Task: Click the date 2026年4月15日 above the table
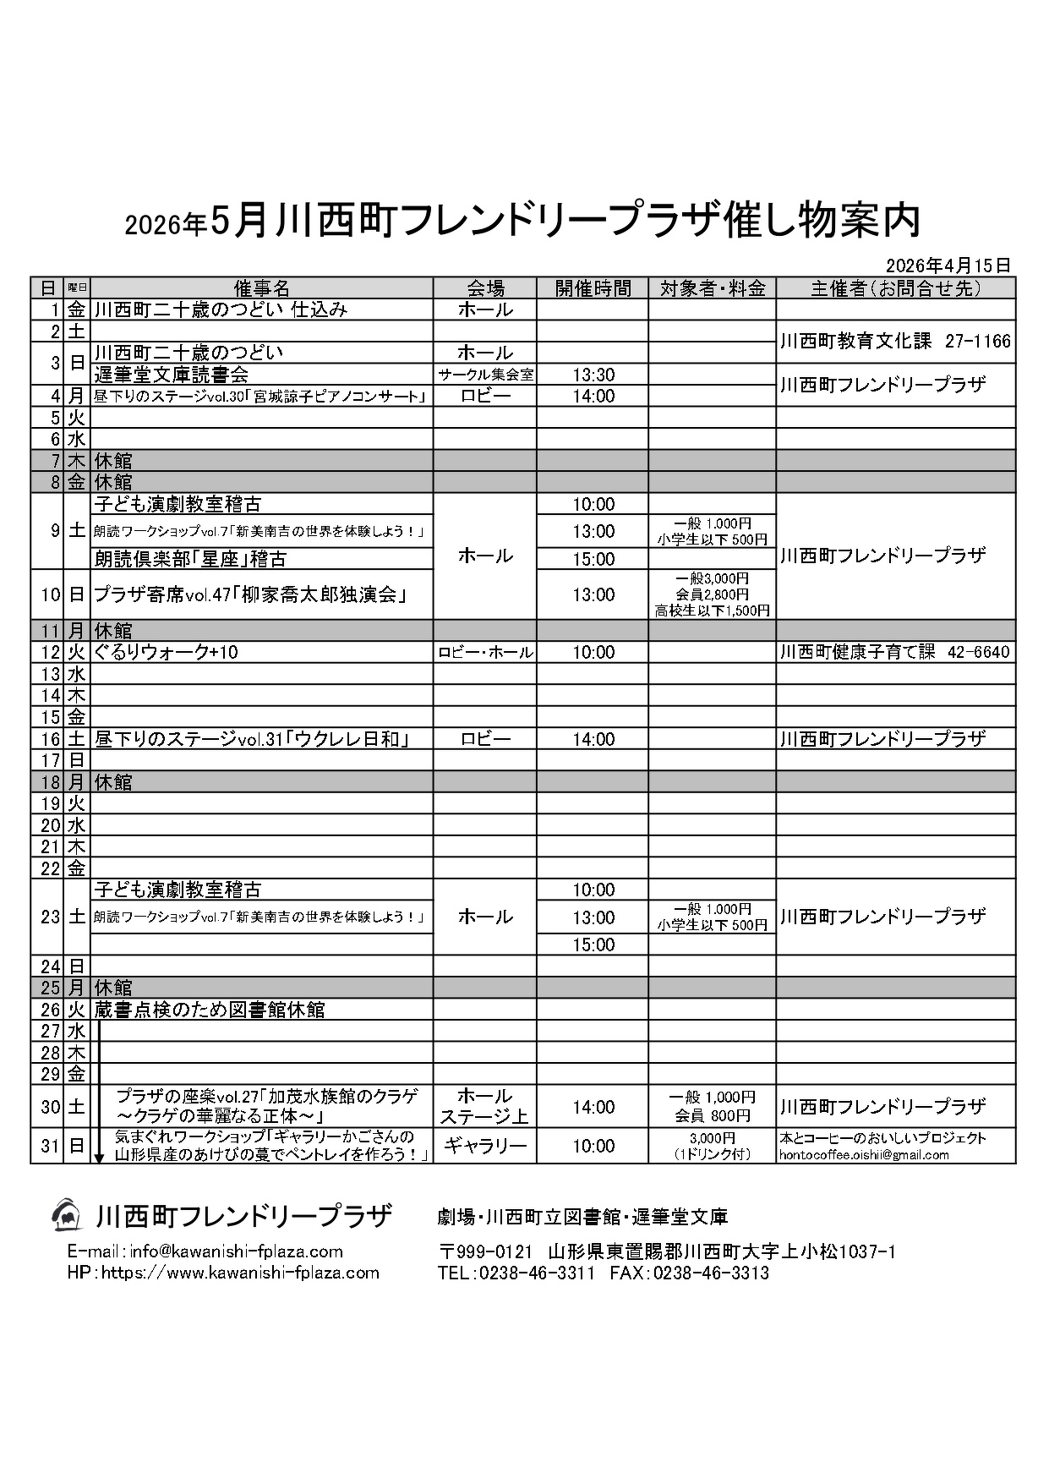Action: click(948, 265)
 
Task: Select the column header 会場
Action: click(485, 287)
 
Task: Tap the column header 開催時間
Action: click(593, 287)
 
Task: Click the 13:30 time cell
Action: click(593, 375)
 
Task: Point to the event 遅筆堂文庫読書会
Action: click(172, 375)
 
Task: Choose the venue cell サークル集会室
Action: click(485, 375)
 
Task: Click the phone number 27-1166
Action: click(978, 342)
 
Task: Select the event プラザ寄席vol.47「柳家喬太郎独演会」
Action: click(252, 594)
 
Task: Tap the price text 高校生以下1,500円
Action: click(713, 610)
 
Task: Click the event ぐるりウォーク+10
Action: click(160, 652)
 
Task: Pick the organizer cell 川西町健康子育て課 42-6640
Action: click(895, 652)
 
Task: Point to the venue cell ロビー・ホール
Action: click(485, 652)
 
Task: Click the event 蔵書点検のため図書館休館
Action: click(210, 1010)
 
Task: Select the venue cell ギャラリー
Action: click(485, 1146)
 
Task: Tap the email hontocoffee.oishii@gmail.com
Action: click(864, 1154)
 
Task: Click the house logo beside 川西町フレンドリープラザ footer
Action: click(66, 1215)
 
